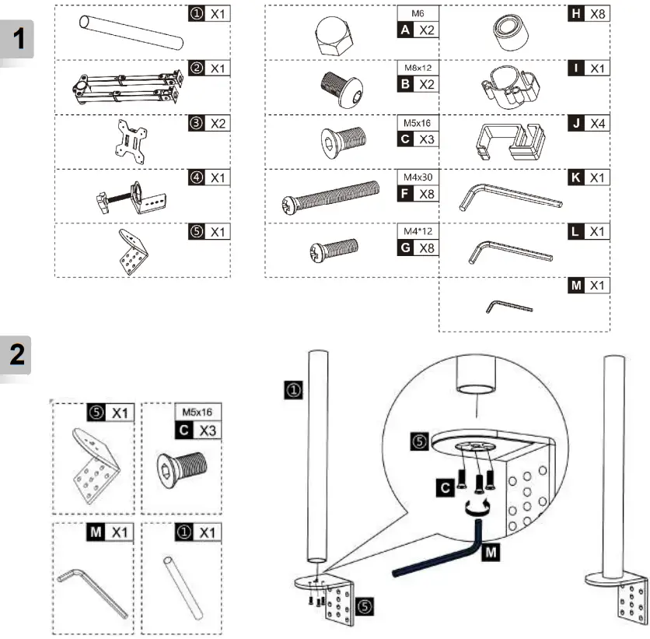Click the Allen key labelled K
coord(510,195)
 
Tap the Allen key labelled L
coord(511,251)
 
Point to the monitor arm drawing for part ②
coord(128,86)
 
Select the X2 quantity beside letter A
coord(425,30)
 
